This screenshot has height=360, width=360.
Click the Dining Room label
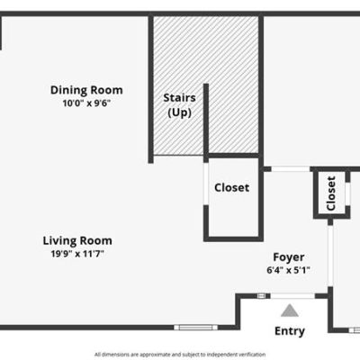86,90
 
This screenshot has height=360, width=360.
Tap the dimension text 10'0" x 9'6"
86,103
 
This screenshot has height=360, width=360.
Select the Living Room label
77,240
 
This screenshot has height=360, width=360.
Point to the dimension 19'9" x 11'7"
77,254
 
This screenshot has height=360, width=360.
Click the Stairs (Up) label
179,105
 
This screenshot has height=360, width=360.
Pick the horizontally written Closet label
231,188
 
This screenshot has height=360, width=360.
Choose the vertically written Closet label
331,193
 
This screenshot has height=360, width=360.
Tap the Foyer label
289,257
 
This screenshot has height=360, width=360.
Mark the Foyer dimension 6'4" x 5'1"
288,270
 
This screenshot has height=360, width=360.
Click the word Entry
290,331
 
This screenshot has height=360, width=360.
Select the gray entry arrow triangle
290,310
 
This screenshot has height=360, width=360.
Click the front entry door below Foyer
292,296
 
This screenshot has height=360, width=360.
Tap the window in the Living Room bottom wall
195,328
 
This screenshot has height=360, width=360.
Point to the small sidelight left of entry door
261,296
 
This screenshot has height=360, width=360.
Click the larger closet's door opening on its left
206,184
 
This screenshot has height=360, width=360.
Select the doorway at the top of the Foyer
291,169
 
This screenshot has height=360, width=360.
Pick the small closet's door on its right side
347,193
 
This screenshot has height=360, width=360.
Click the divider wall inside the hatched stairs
206,120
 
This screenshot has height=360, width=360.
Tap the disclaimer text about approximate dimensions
180,355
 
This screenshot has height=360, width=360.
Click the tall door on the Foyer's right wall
330,256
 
